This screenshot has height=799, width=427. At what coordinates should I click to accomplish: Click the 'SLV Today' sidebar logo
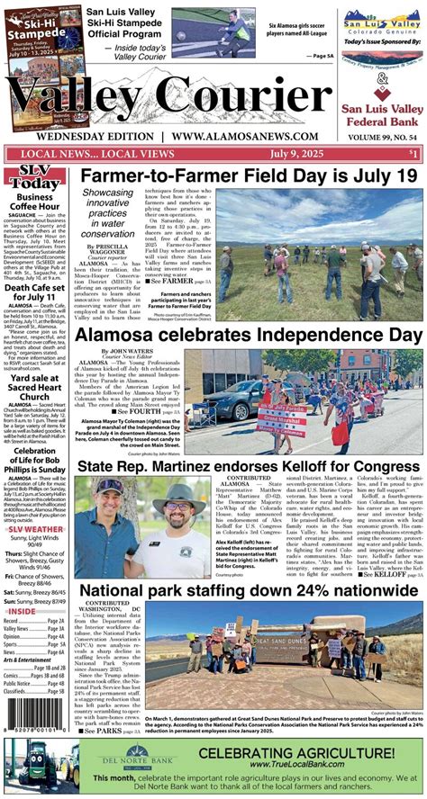(34, 178)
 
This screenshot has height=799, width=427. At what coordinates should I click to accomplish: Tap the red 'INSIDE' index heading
(23, 611)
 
